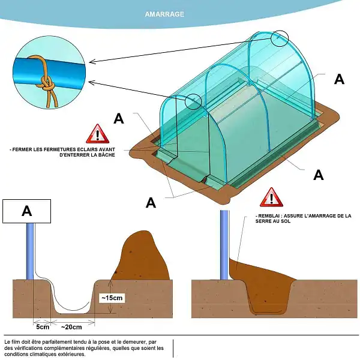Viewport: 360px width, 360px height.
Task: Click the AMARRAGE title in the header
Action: (x=164, y=14)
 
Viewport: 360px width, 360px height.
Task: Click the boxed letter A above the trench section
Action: (x=26, y=211)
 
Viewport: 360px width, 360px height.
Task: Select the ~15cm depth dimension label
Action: (x=112, y=298)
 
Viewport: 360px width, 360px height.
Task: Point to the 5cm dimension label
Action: (x=43, y=327)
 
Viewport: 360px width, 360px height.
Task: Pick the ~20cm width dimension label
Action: (x=71, y=327)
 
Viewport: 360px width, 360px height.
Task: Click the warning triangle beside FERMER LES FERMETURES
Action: (x=98, y=134)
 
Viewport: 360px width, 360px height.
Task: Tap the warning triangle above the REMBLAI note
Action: (x=271, y=197)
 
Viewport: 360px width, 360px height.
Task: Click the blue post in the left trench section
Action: (x=30, y=251)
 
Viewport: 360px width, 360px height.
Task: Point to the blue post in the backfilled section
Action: (x=224, y=245)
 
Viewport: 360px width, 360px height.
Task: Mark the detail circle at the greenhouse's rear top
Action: (x=280, y=38)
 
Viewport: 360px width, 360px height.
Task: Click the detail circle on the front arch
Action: (x=193, y=101)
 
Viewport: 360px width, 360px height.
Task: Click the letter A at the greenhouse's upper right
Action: (x=339, y=79)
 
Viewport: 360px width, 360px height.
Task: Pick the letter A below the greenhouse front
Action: (x=151, y=203)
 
